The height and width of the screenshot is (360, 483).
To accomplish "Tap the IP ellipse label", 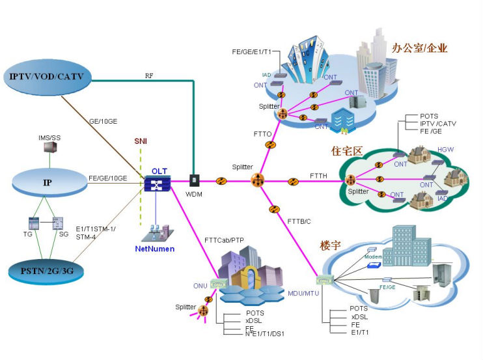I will (48, 183).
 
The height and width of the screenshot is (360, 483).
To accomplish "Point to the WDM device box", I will (193, 180).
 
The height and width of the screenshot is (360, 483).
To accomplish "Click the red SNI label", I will (141, 141).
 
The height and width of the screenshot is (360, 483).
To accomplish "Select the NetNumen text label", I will (154, 249).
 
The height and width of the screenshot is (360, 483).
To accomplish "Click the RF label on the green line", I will (149, 76).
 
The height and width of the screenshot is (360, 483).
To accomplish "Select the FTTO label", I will (262, 134).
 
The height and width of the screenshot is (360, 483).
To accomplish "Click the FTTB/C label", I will (299, 221).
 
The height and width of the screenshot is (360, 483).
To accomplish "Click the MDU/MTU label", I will (303, 293).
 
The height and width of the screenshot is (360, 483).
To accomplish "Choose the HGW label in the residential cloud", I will (446, 150).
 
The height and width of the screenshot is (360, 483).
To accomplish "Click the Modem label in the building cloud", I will (372, 257).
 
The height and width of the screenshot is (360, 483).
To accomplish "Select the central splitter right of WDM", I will (258, 180).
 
